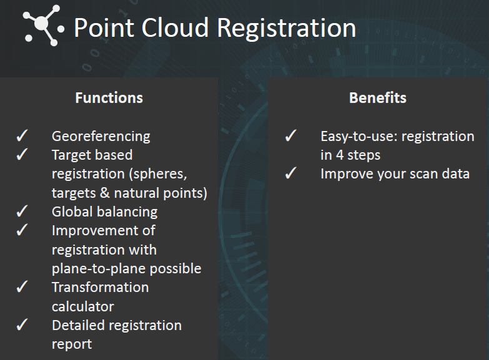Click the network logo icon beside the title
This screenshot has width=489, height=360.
click(43, 25)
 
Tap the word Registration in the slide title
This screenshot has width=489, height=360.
click(286, 29)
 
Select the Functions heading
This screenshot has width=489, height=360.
click(109, 98)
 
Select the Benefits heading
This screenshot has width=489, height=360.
click(378, 98)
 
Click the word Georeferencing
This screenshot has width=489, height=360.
click(101, 137)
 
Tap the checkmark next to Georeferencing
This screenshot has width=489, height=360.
click(22, 135)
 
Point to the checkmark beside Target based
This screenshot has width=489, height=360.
click(22, 154)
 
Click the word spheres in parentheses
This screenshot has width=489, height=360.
click(160, 174)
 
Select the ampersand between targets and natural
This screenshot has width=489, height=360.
click(105, 193)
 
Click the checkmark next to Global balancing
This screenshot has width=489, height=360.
click(22, 211)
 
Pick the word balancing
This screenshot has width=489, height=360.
click(129, 212)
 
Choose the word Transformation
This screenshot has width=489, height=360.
click(101, 288)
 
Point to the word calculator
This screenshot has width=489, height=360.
click(83, 307)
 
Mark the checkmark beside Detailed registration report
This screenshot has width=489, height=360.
click(22, 324)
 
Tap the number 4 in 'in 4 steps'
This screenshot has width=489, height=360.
click(340, 155)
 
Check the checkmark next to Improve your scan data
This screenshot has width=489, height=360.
click(291, 173)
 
